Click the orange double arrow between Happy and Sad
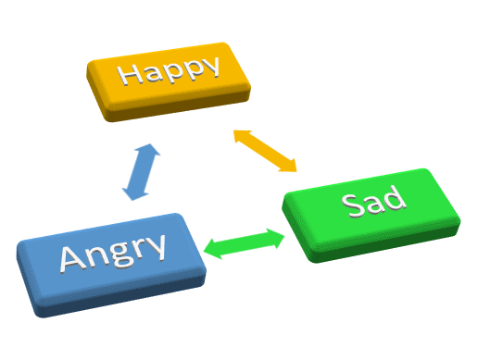click(265, 150)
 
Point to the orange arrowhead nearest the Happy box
click(239, 135)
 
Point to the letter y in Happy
click(211, 68)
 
